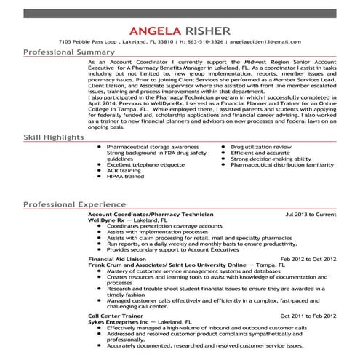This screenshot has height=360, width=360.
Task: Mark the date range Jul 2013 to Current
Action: (311, 216)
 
